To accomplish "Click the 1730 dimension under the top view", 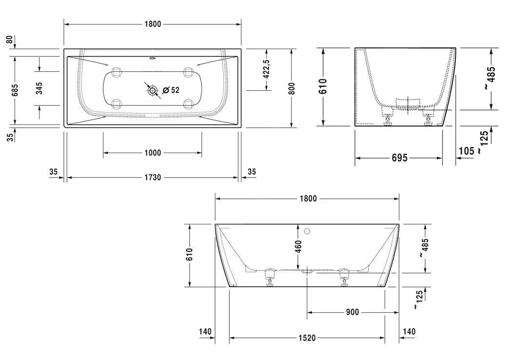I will [x=152, y=178].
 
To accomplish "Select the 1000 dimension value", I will [x=152, y=153].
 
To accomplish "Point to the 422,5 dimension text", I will [x=266, y=69].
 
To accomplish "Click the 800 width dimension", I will [x=292, y=88].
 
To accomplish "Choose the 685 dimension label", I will [x=15, y=90].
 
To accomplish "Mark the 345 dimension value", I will [x=39, y=88].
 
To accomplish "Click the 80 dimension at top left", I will [x=9, y=40].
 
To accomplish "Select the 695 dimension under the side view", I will [x=399, y=158].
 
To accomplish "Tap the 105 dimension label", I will [x=466, y=151].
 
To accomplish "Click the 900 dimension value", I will [x=352, y=312].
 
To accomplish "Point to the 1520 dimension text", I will [x=307, y=338].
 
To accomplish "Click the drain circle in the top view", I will [x=153, y=90].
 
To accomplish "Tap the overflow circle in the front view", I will [x=307, y=231].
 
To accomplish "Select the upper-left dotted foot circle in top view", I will [x=117, y=72].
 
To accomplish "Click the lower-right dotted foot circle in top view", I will [x=189, y=103].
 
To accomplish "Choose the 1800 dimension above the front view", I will [x=308, y=199].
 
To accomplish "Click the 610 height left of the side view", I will [x=323, y=87].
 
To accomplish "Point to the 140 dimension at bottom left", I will [x=205, y=332].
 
